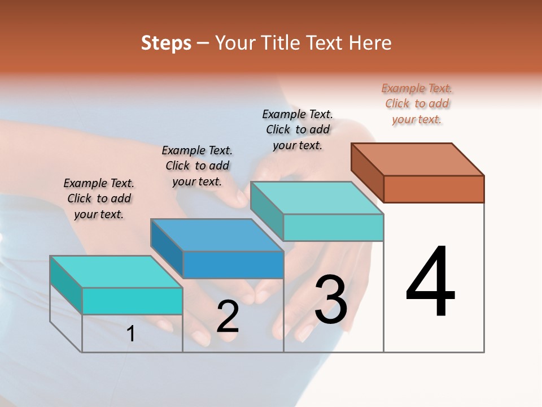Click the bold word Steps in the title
(166, 43)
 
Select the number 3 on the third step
(331, 300)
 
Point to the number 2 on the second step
(228, 317)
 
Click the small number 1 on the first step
(130, 334)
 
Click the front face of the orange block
(434, 189)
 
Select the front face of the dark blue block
(233, 265)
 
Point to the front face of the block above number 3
(333, 227)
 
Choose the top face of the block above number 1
(116, 272)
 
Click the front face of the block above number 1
(132, 301)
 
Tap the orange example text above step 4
(417, 103)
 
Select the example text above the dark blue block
(197, 166)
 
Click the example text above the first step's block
(99, 198)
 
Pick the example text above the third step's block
(298, 129)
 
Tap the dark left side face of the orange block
(367, 172)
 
